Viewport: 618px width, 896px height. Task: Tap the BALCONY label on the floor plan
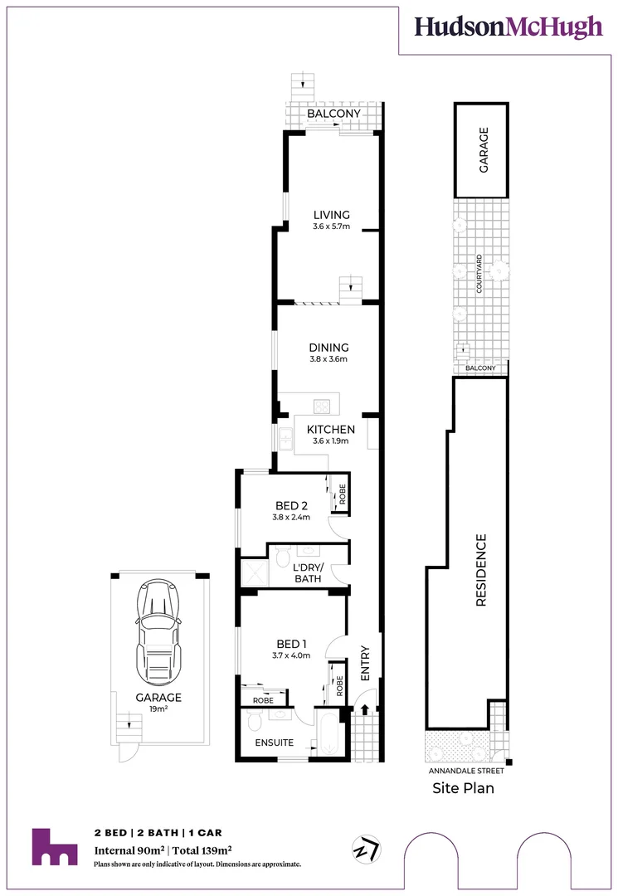click(x=333, y=114)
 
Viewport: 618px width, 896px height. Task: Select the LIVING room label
click(x=331, y=215)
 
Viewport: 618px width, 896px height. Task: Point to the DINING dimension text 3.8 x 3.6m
click(x=329, y=360)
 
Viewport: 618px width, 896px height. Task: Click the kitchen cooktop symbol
click(x=321, y=407)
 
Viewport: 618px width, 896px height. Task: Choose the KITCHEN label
click(x=331, y=429)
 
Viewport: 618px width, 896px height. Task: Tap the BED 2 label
click(x=290, y=505)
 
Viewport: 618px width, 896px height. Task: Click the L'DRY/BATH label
click(x=308, y=572)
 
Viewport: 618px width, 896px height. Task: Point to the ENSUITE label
click(x=273, y=743)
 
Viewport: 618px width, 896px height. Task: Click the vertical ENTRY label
click(x=365, y=664)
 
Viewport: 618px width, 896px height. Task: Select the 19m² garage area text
click(x=158, y=710)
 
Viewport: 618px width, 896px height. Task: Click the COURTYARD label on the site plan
click(x=479, y=275)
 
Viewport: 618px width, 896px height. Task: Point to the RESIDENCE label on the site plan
click(x=480, y=571)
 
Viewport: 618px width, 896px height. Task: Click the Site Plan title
click(x=463, y=788)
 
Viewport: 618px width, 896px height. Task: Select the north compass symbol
click(x=366, y=850)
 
